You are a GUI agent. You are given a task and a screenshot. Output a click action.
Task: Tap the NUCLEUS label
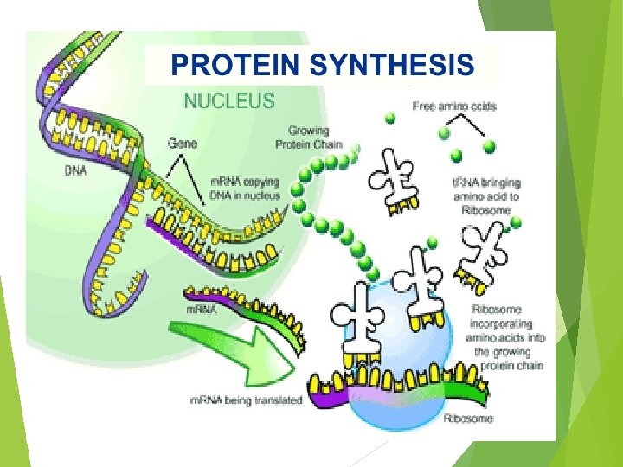point(228,100)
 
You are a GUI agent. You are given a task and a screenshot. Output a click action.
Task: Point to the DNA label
point(76,170)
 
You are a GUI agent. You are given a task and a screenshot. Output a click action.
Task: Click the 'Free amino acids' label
point(455,106)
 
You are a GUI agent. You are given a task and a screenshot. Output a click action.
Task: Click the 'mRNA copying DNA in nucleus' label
point(247,189)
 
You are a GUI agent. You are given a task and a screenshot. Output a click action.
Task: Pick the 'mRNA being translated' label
point(246,400)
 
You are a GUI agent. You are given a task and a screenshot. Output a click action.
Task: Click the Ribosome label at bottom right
point(468,419)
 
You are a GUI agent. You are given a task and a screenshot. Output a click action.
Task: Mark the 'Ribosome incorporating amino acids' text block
point(507,337)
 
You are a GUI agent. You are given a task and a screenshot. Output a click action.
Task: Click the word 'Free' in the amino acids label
point(425,106)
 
